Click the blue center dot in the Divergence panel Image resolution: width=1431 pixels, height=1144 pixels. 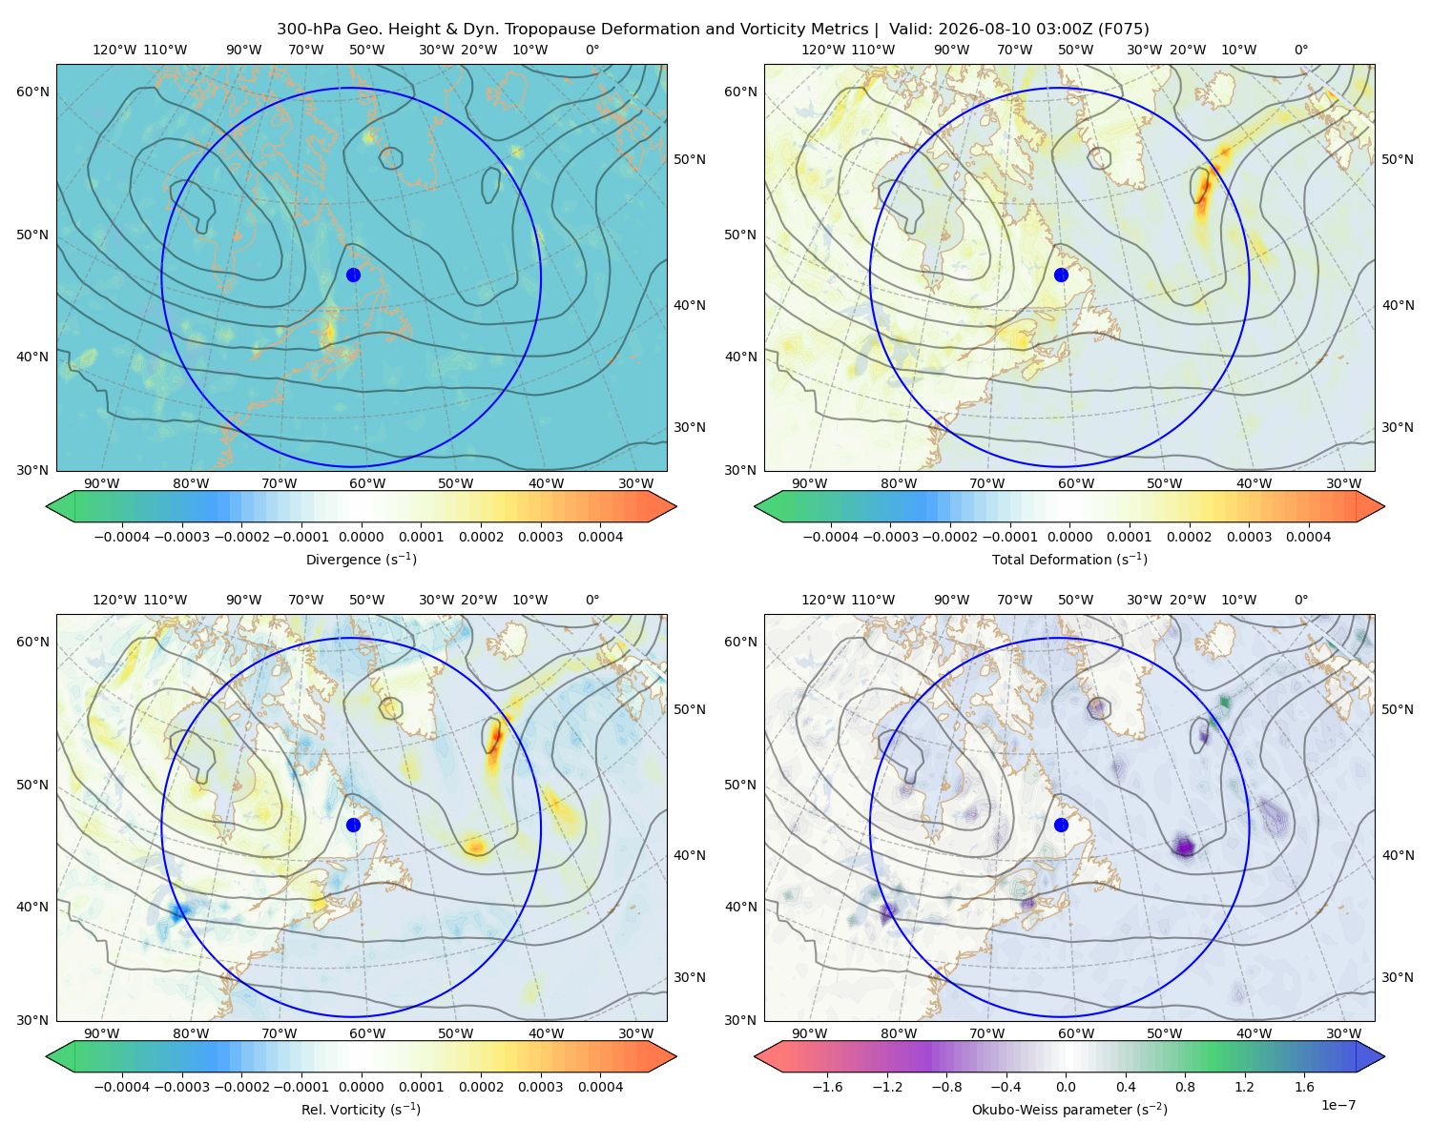[x=353, y=275]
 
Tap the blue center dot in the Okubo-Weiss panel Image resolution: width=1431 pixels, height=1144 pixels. [x=1061, y=825]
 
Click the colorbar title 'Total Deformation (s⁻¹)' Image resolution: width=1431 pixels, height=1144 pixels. [x=1069, y=559]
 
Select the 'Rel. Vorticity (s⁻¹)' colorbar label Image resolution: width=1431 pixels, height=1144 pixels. [x=361, y=1109]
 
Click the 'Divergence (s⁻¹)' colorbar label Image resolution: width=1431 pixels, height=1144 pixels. [x=361, y=559]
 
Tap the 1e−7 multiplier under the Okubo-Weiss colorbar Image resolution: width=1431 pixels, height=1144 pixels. [x=1338, y=1105]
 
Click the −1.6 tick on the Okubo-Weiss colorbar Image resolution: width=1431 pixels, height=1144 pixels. [x=827, y=1086]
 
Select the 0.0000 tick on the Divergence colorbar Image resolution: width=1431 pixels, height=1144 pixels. [x=361, y=537]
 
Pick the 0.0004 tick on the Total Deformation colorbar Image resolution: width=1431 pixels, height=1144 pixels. [x=1308, y=537]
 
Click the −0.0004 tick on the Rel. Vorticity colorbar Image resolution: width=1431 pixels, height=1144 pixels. [x=122, y=1086]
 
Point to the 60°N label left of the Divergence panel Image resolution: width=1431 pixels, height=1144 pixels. [x=32, y=92]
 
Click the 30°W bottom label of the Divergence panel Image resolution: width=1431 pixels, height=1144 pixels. [x=635, y=483]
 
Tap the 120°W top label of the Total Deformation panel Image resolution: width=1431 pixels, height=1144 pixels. [x=822, y=50]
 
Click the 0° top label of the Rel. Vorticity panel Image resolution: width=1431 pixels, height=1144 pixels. [x=592, y=599]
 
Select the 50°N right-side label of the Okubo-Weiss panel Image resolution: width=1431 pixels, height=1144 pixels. [x=1397, y=708]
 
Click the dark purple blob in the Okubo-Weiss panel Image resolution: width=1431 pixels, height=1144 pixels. [x=1184, y=847]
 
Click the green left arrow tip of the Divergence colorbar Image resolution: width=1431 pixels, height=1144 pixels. [x=47, y=506]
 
